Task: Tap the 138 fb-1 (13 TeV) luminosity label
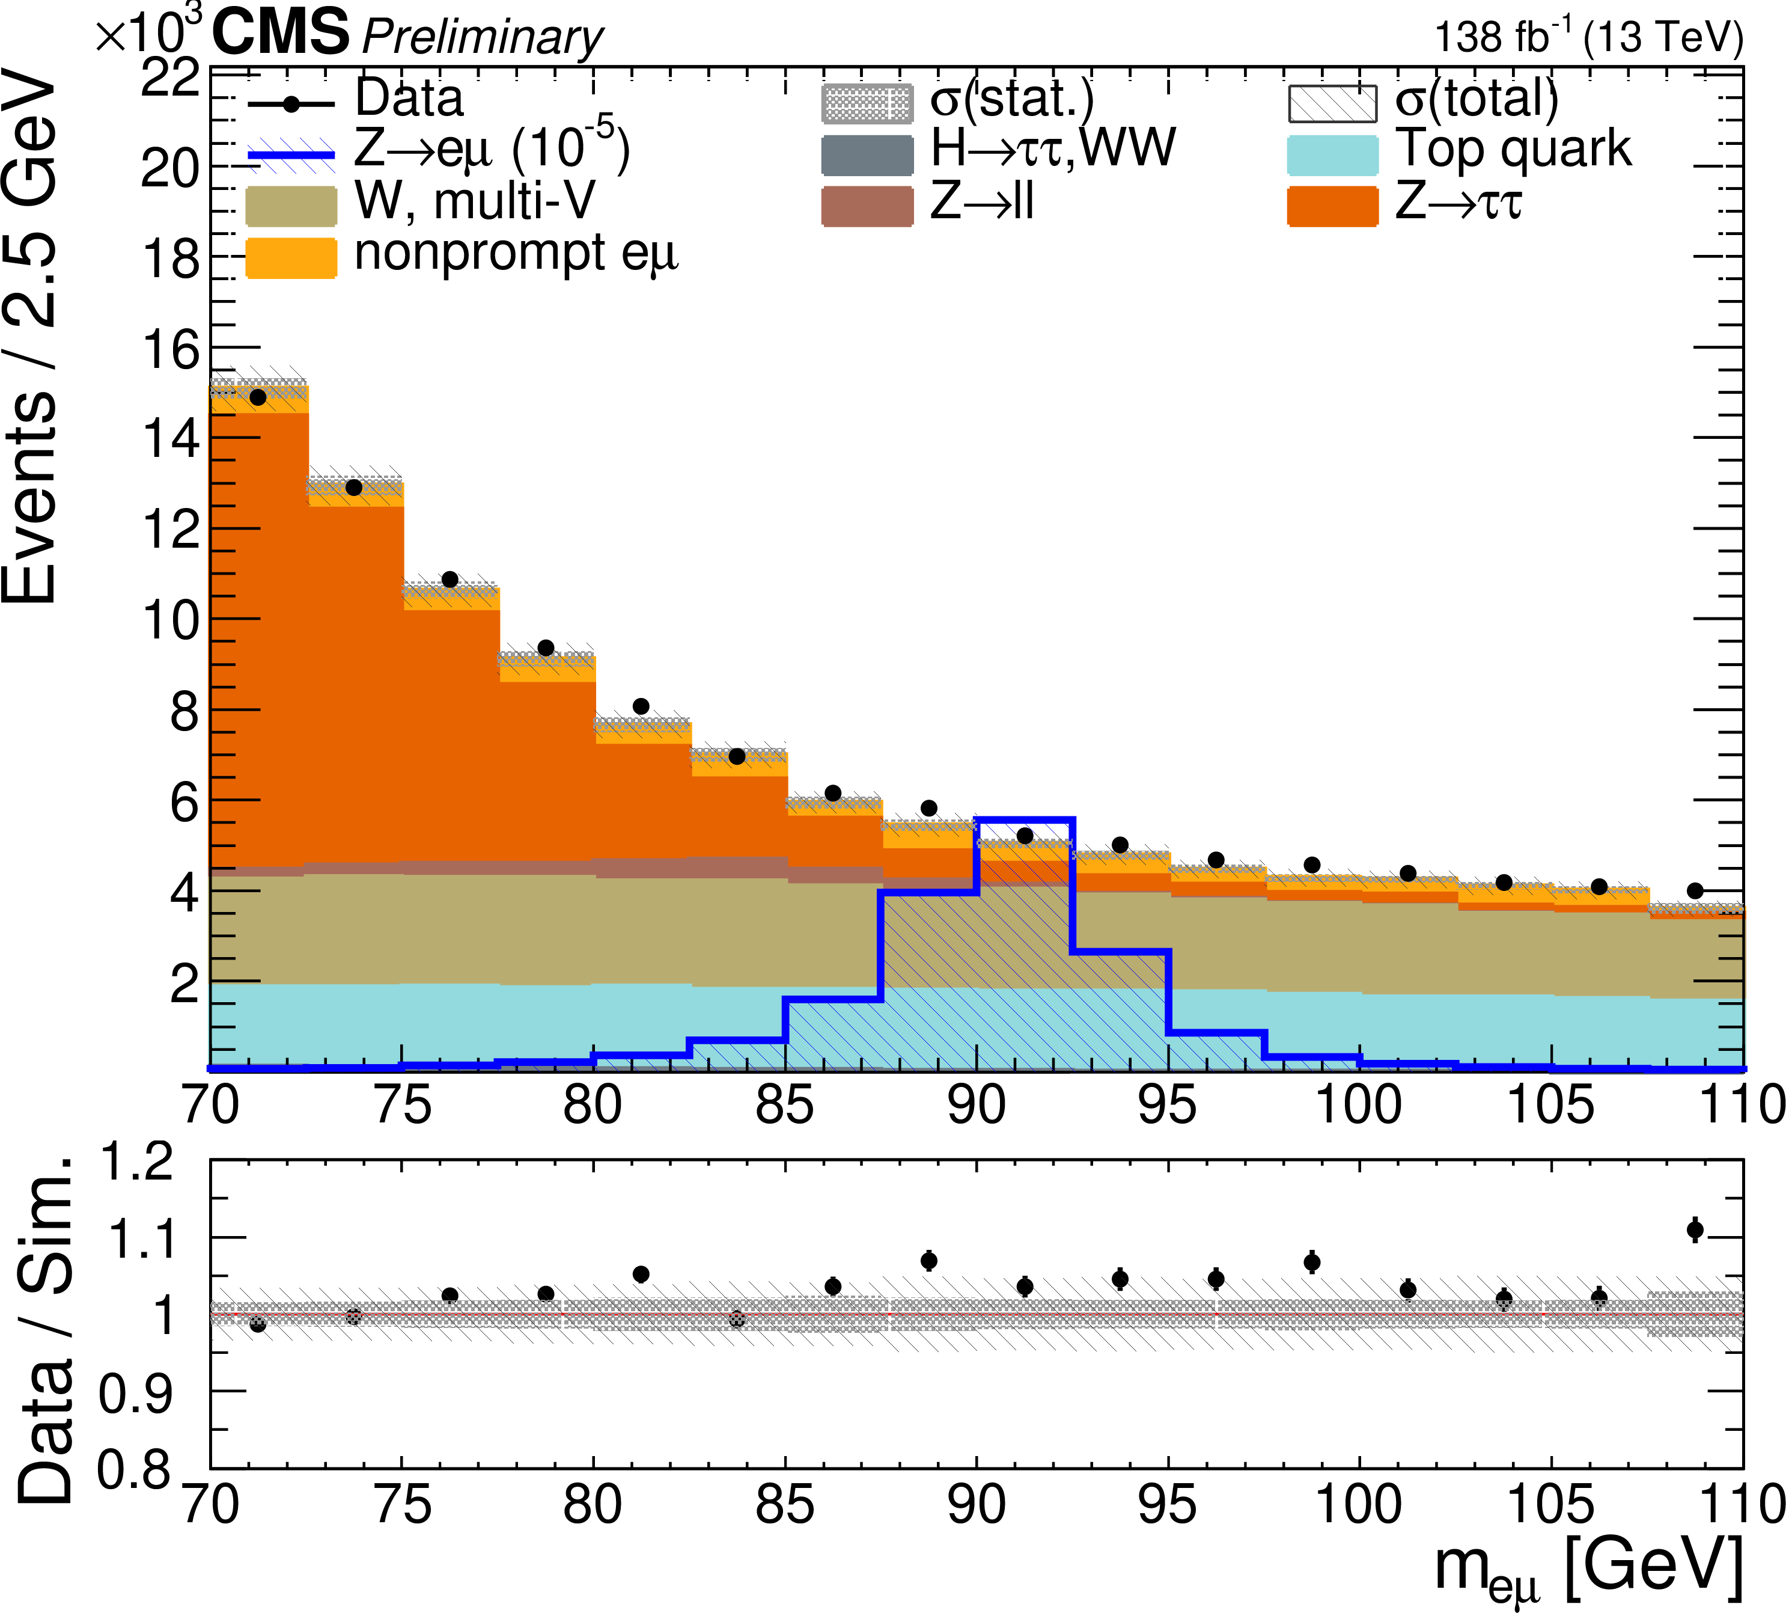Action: click(x=1588, y=37)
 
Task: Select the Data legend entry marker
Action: click(x=291, y=103)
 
